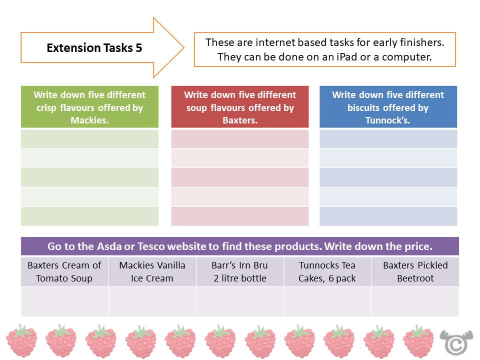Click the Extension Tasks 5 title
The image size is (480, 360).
(94, 48)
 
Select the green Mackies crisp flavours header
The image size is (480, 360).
(89, 107)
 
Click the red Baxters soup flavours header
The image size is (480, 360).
(240, 107)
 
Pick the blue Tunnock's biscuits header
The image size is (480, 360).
(388, 107)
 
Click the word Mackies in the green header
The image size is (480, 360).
(89, 120)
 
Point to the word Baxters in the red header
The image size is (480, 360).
(240, 120)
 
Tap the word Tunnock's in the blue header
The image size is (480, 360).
(388, 120)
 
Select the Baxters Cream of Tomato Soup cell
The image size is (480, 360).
(64, 271)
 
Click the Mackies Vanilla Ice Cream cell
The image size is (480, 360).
(152, 271)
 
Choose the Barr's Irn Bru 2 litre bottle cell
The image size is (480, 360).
(240, 271)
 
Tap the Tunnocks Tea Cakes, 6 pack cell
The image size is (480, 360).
(327, 271)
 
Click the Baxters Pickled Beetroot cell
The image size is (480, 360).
(415, 271)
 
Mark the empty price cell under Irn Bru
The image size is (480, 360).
(240, 301)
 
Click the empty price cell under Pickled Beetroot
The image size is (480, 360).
(415, 301)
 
